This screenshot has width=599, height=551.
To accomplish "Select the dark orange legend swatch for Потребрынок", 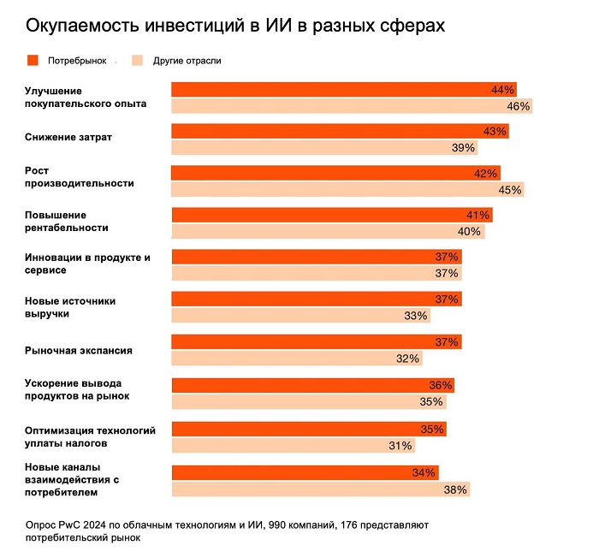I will pos(33,61).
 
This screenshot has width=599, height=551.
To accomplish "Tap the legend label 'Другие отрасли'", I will pos(187,61).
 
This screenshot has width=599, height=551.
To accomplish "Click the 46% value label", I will pos(519,107).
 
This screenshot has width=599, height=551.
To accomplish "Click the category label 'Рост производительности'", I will pos(79,177).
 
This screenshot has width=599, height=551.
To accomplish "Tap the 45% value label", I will pos(509,190).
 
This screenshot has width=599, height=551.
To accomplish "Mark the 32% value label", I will pos(408,358).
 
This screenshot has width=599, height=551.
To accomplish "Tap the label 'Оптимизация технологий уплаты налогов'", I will pos(90,437).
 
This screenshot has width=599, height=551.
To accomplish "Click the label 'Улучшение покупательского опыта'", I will pos(86,97).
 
